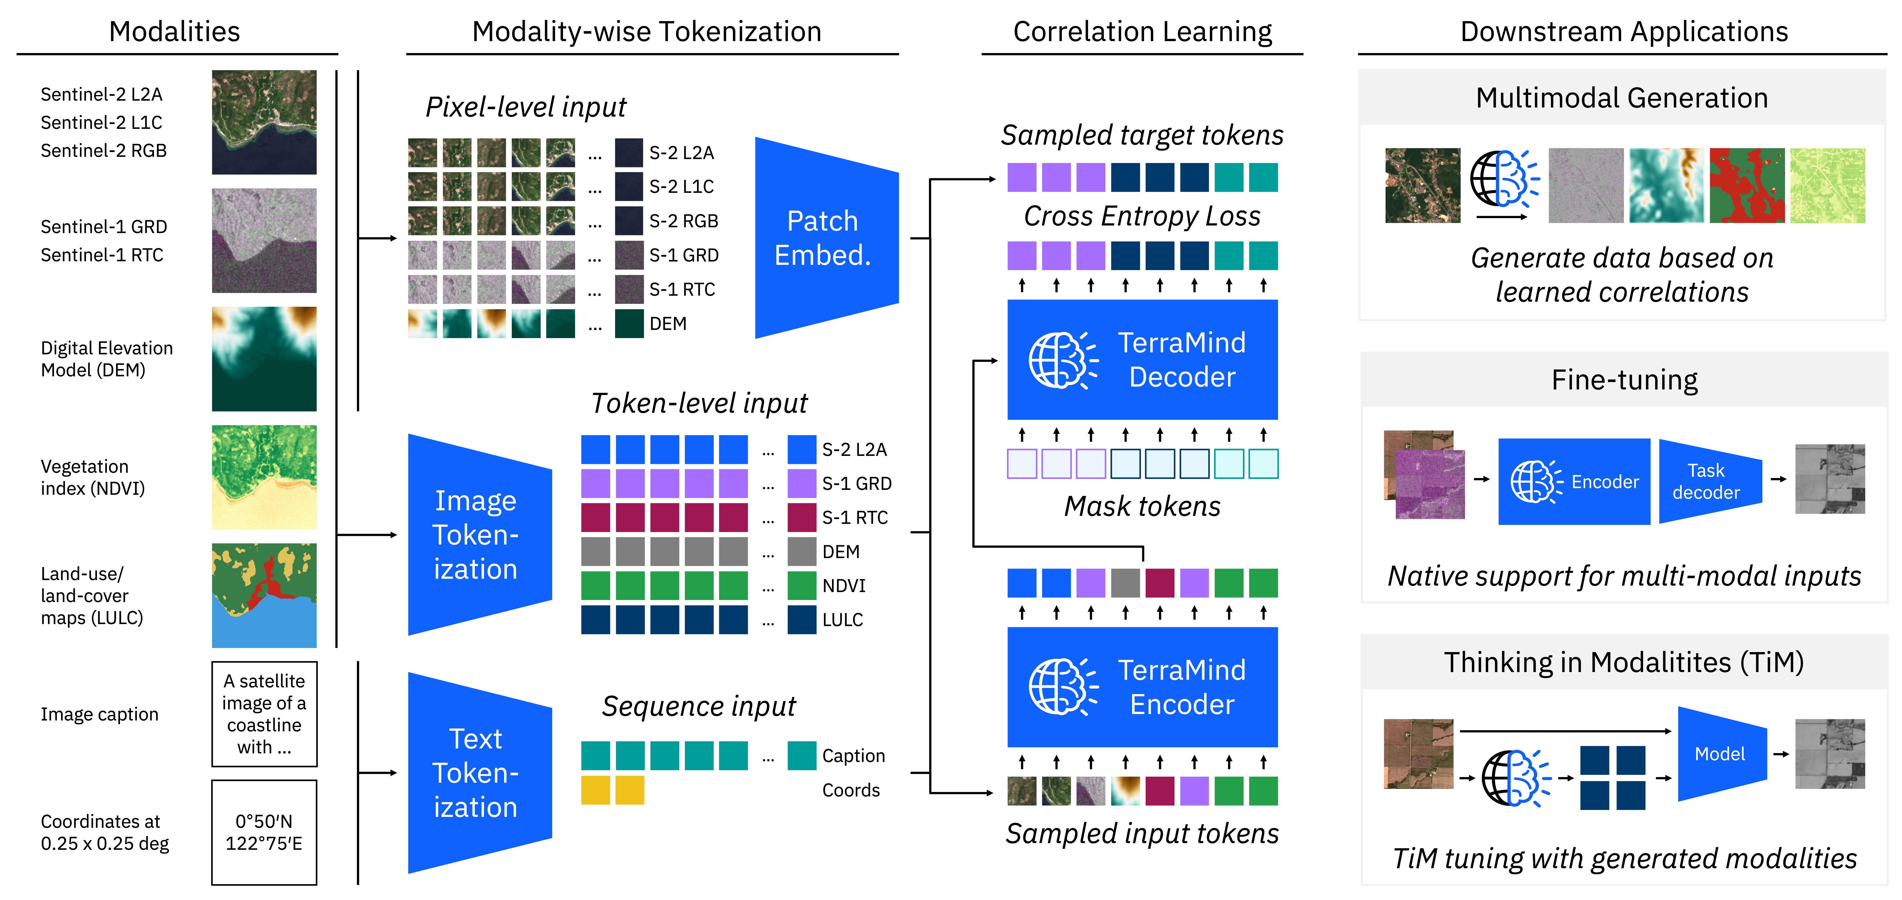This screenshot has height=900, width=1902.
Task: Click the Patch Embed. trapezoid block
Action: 826,238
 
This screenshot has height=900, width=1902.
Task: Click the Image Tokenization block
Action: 479,535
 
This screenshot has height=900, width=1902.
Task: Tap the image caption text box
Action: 264,714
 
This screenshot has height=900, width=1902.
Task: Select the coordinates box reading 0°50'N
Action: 264,832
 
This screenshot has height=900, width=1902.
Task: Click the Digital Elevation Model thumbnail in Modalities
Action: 264,359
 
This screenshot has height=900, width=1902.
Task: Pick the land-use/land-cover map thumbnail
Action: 264,595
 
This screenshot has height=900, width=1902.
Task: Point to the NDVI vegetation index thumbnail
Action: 264,477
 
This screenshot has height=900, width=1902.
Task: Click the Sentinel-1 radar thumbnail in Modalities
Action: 264,241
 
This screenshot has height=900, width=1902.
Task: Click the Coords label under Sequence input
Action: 851,790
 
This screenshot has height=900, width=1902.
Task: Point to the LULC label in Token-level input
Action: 842,619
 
